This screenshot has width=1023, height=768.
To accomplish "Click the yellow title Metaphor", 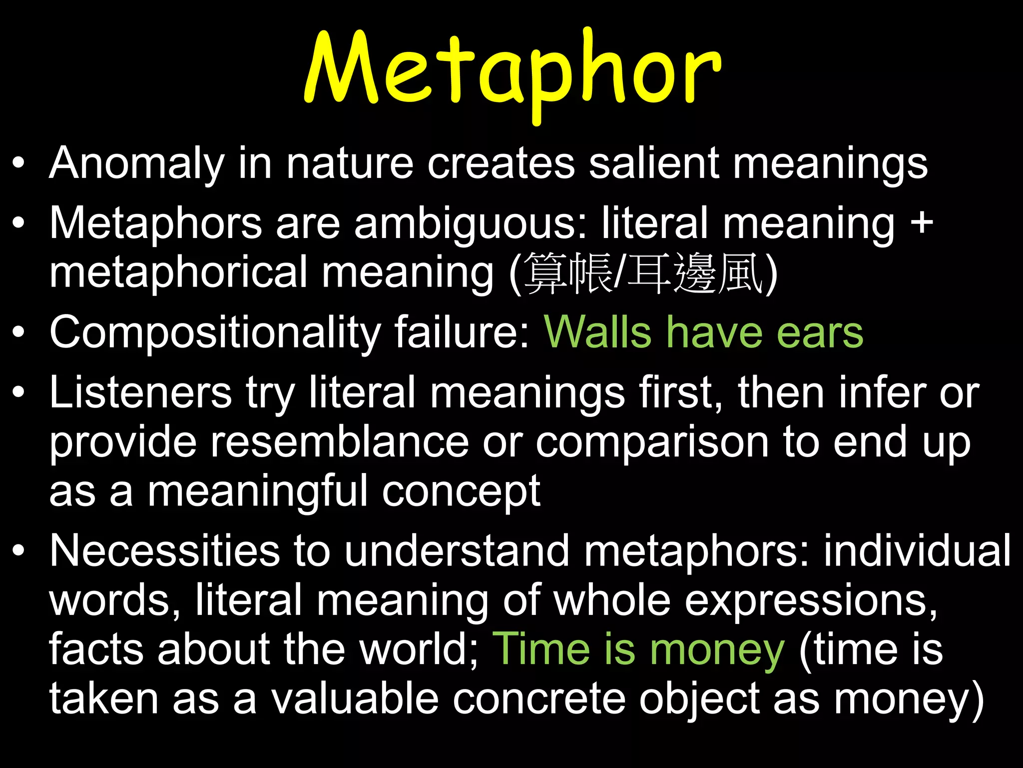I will tap(512, 70).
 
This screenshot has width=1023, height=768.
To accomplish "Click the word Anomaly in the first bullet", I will tap(137, 163).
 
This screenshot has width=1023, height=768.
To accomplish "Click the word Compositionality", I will tap(215, 333).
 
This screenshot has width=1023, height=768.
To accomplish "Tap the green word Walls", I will tap(597, 332).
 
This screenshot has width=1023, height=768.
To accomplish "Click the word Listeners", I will tap(140, 393).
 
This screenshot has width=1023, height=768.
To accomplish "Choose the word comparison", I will tap(652, 443).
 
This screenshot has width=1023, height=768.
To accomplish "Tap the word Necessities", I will tap(164, 551).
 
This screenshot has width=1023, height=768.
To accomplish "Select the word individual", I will tap(917, 551).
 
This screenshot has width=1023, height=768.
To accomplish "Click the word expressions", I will tap(810, 600).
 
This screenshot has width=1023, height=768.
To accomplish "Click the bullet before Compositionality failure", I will tap(18, 333).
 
